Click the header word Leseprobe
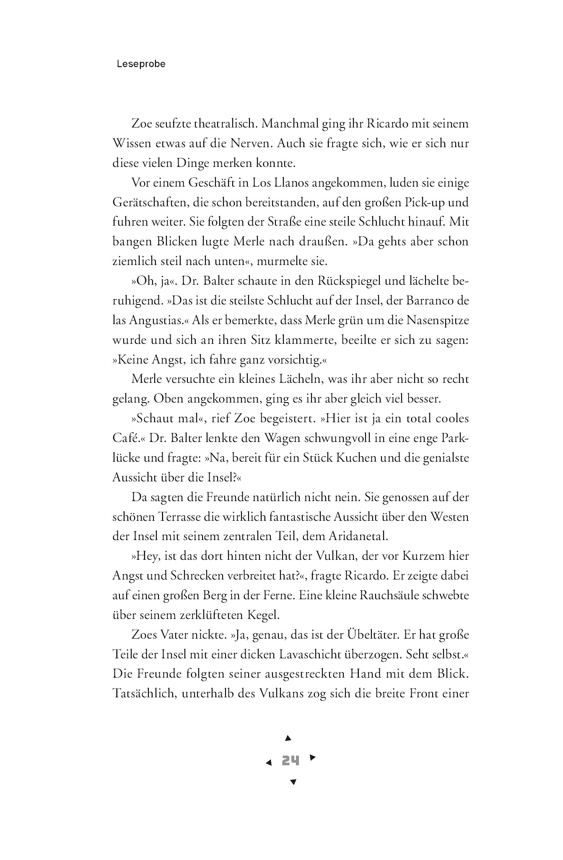coord(141,64)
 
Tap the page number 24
coord(291,760)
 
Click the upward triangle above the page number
coord(288,738)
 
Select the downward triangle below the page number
coord(293,782)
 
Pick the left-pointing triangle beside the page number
coord(269,763)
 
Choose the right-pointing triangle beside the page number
coord(312,757)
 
